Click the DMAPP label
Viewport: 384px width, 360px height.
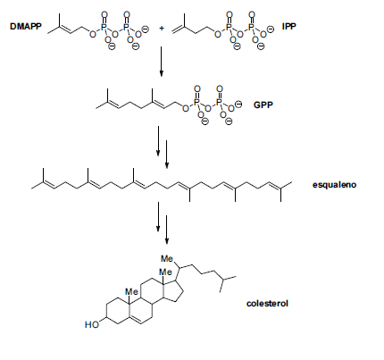tap(26, 27)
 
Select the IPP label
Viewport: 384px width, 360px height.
tap(289, 27)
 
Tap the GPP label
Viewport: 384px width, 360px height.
tap(263, 105)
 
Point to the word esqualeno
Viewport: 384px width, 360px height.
tap(334, 185)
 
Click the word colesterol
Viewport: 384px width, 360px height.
tap(267, 304)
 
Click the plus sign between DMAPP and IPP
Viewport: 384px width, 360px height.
tap(162, 29)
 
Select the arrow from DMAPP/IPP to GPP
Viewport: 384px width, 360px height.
tap(161, 62)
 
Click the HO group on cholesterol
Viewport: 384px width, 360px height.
tap(92, 324)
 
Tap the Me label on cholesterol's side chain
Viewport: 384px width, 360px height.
tap(167, 258)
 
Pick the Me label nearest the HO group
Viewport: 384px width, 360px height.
tap(131, 291)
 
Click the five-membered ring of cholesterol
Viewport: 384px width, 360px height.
tap(173, 290)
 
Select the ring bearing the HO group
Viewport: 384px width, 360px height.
tap(118, 311)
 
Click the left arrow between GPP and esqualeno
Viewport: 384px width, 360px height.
tap(158, 141)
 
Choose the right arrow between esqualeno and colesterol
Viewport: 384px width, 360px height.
tap(167, 230)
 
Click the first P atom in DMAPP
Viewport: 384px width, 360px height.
tap(104, 28)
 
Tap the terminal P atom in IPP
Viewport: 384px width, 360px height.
tap(252, 28)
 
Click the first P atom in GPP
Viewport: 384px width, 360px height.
tap(196, 102)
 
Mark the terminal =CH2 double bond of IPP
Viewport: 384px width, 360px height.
tap(178, 29)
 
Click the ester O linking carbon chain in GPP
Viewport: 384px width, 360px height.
tap(186, 109)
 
